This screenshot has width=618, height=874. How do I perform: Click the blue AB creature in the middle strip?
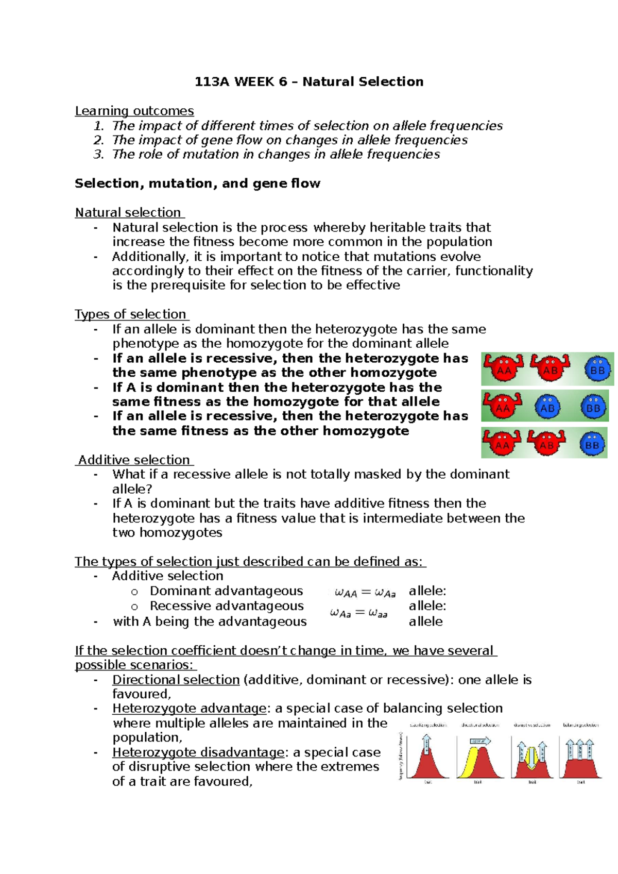pyautogui.click(x=547, y=407)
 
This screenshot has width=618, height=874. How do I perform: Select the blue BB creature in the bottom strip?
pyautogui.click(x=592, y=444)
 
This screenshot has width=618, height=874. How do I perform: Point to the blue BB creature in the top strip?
pyautogui.click(x=597, y=369)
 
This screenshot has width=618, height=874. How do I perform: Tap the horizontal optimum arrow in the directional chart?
pyautogui.click(x=480, y=741)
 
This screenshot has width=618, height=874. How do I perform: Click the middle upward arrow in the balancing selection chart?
pyautogui.click(x=580, y=750)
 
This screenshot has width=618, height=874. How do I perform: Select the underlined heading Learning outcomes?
pyautogui.click(x=134, y=111)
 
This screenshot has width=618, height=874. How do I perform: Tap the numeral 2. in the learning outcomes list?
pyautogui.click(x=99, y=140)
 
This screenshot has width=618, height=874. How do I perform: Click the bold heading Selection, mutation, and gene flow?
pyautogui.click(x=197, y=183)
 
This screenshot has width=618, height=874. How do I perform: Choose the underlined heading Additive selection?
pyautogui.click(x=134, y=460)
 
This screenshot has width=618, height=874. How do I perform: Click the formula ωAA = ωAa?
pyautogui.click(x=365, y=593)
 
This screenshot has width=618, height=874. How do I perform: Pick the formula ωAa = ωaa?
pyautogui.click(x=359, y=613)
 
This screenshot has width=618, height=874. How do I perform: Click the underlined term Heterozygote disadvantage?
pyautogui.click(x=198, y=752)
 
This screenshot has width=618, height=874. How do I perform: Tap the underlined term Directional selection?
pyautogui.click(x=176, y=680)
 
